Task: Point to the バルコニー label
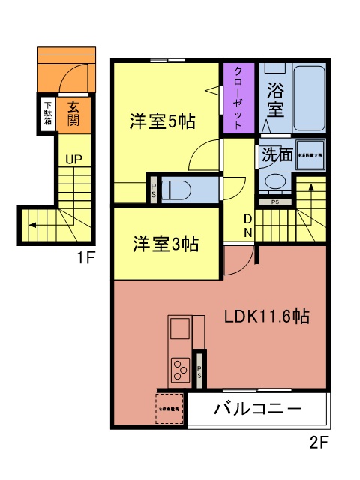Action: pyautogui.click(x=257, y=409)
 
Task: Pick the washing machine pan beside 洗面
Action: pyautogui.click(x=310, y=154)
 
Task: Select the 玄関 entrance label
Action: pyautogui.click(x=73, y=113)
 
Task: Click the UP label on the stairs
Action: pyautogui.click(x=73, y=159)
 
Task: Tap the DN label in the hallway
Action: pyautogui.click(x=247, y=225)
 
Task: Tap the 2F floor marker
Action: pyautogui.click(x=318, y=442)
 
